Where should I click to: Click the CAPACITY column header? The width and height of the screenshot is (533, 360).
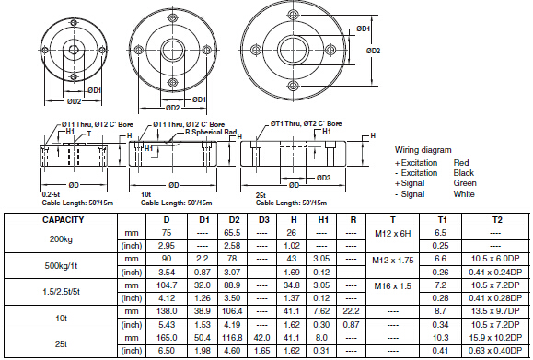click(63, 220)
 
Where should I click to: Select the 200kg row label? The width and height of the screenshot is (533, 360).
click(61, 239)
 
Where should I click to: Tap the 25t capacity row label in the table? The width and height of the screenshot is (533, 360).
click(61, 344)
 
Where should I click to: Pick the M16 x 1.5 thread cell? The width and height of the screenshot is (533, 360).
click(392, 286)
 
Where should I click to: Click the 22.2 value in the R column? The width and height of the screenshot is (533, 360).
click(351, 311)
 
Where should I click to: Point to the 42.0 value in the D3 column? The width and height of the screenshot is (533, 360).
click(261, 338)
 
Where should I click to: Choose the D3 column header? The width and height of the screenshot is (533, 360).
click(264, 220)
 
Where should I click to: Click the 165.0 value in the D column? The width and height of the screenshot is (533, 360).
click(167, 338)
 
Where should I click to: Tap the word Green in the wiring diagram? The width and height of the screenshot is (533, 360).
click(465, 183)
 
